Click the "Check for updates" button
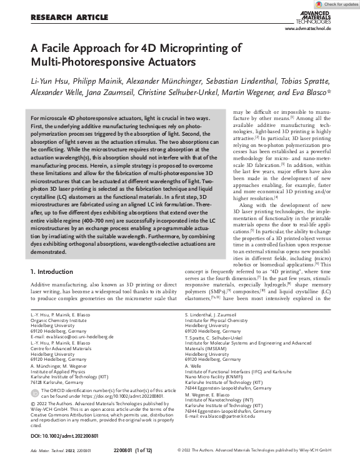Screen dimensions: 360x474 337,4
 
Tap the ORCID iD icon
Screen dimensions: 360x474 34,393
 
